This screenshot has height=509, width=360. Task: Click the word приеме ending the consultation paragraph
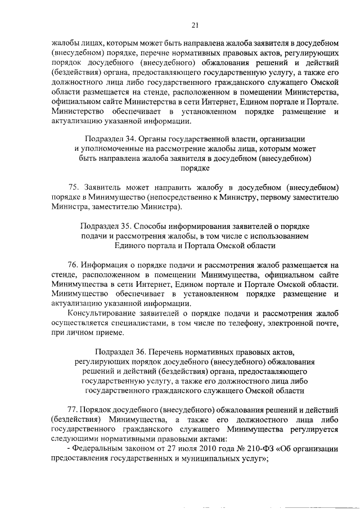tap(108, 332)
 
